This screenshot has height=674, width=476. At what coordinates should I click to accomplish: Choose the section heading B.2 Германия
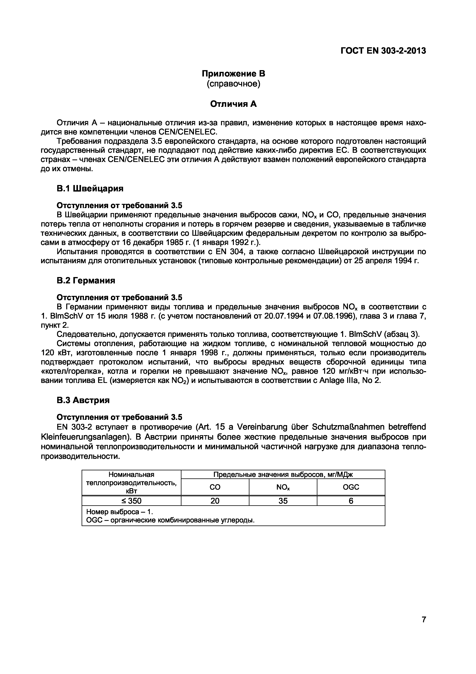click(x=86, y=281)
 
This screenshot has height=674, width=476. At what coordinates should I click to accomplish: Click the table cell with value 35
click(x=283, y=501)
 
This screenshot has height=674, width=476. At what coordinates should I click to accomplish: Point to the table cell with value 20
click(x=215, y=501)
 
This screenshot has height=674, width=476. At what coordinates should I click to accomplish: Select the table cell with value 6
click(x=351, y=501)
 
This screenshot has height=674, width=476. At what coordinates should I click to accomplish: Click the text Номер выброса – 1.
click(x=120, y=512)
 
